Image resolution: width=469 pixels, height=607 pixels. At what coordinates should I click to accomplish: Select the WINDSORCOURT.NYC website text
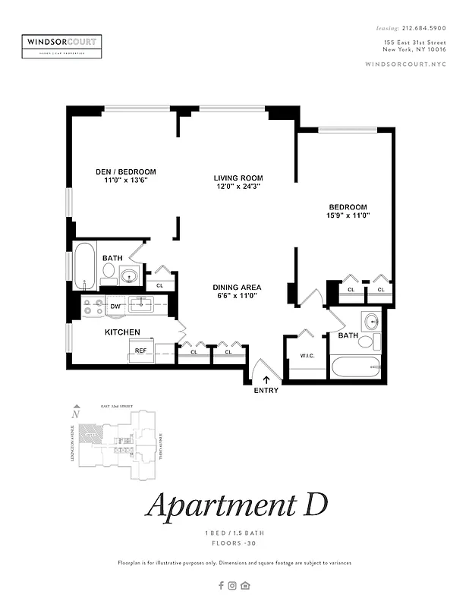405,64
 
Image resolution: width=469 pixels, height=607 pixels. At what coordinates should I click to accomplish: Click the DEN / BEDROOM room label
125,171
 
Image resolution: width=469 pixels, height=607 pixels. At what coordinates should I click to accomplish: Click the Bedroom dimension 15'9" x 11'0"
348,215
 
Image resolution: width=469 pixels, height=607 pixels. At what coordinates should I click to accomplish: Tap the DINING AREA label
237,288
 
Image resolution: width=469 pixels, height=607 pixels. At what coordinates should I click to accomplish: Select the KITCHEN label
122,332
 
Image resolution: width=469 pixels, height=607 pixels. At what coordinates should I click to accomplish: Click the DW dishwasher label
115,307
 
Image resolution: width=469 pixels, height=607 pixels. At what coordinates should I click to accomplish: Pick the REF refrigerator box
140,351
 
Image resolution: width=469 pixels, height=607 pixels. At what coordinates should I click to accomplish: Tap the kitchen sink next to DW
142,305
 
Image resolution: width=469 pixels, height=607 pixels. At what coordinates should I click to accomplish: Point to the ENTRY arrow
266,379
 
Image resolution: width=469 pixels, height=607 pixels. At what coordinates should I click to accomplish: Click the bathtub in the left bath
86,266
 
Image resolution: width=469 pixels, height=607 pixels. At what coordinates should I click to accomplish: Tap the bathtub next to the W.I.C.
357,367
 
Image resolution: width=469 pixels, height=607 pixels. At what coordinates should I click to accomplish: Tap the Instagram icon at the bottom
233,585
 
